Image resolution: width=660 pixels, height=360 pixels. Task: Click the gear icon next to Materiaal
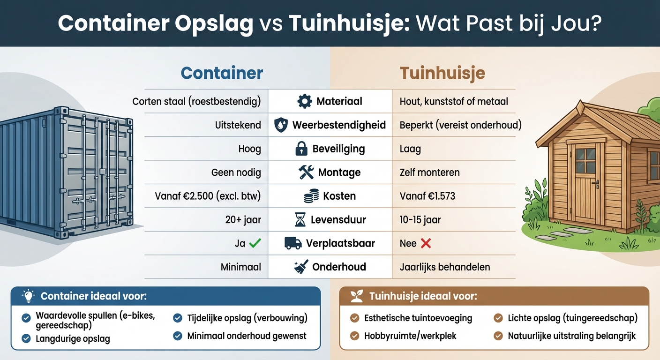[x=305, y=101]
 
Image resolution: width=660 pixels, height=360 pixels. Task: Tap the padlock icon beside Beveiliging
[x=301, y=149]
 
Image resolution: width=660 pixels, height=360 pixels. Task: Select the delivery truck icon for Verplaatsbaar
[x=293, y=243]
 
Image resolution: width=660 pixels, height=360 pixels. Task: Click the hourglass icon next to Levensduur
[x=300, y=219]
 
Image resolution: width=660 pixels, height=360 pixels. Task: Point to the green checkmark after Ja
[x=255, y=243]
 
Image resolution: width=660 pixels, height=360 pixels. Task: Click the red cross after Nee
[x=426, y=243]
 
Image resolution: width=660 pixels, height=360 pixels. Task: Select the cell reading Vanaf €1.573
[x=427, y=196]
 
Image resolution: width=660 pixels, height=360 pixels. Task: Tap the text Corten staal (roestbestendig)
[x=196, y=101]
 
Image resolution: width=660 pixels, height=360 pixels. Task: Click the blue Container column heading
[x=222, y=73]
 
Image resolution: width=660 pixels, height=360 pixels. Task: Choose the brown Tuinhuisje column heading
[x=442, y=73]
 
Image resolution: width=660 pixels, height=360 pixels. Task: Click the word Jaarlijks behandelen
[x=445, y=267]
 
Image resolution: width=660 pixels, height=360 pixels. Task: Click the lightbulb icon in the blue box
[x=29, y=296]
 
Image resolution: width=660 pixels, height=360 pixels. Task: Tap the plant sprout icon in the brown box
[x=357, y=296]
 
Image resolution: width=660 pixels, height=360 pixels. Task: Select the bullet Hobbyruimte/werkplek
[x=410, y=336]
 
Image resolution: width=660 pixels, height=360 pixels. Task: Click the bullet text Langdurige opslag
[x=73, y=338]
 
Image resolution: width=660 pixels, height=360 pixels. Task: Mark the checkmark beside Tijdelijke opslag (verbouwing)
[x=178, y=318]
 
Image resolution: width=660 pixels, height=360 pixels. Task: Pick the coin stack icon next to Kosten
[x=311, y=196]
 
